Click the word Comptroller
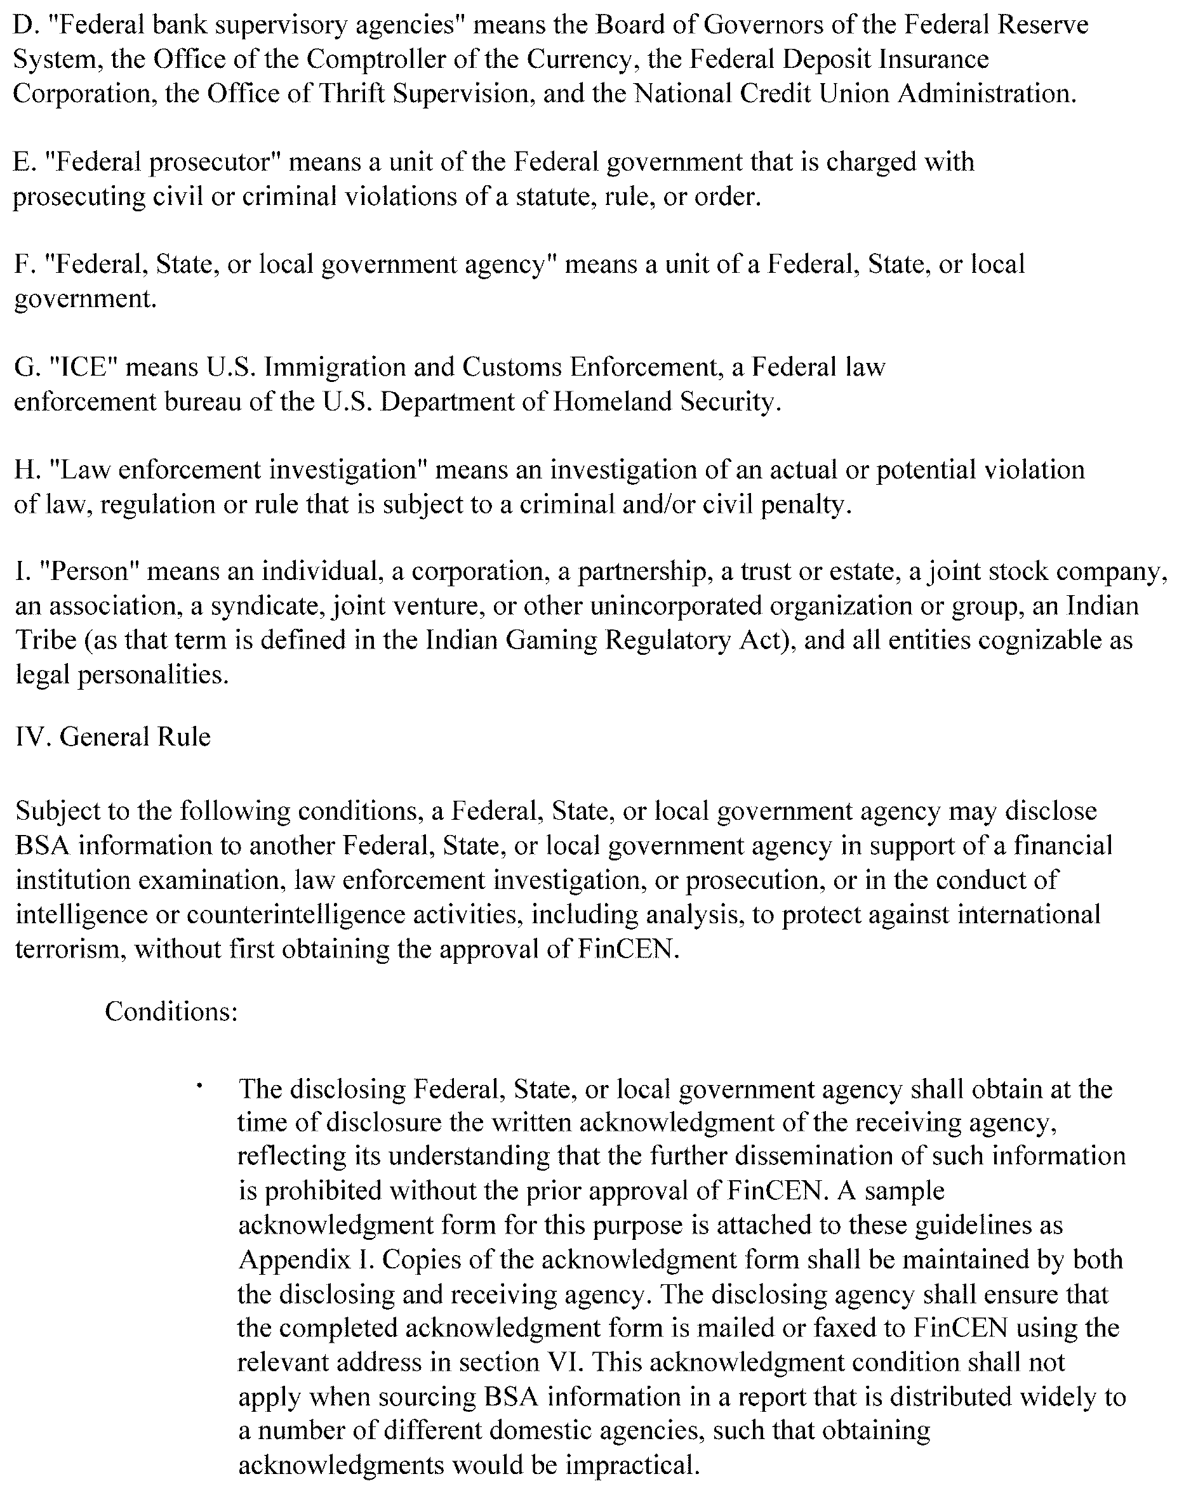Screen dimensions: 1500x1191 pos(377,60)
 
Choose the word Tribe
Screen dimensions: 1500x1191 pos(46,640)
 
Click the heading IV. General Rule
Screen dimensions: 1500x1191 pos(113,737)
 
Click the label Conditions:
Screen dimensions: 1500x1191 pos(171,1011)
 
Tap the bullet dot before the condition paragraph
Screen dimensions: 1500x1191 pos(200,1084)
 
